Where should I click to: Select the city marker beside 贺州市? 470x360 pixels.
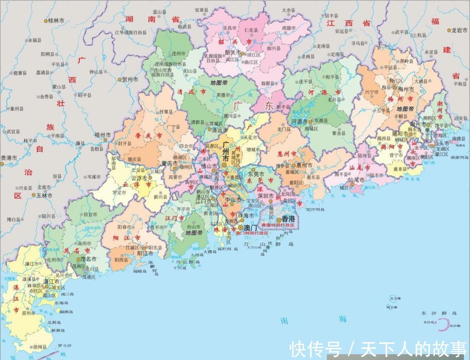119,80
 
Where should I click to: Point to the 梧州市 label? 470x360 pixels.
103,135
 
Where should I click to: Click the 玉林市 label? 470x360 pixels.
44,195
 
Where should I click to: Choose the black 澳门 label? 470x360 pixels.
251,227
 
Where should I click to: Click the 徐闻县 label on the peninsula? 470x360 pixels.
40,347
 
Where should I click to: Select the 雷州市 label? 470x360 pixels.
29,313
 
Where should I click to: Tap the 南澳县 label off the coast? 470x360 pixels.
458,139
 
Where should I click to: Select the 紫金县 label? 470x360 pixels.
338,133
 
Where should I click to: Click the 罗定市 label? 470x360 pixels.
119,193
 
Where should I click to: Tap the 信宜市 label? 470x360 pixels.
90,214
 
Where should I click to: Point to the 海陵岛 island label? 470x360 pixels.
140,271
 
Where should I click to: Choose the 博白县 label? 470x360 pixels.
13,219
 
